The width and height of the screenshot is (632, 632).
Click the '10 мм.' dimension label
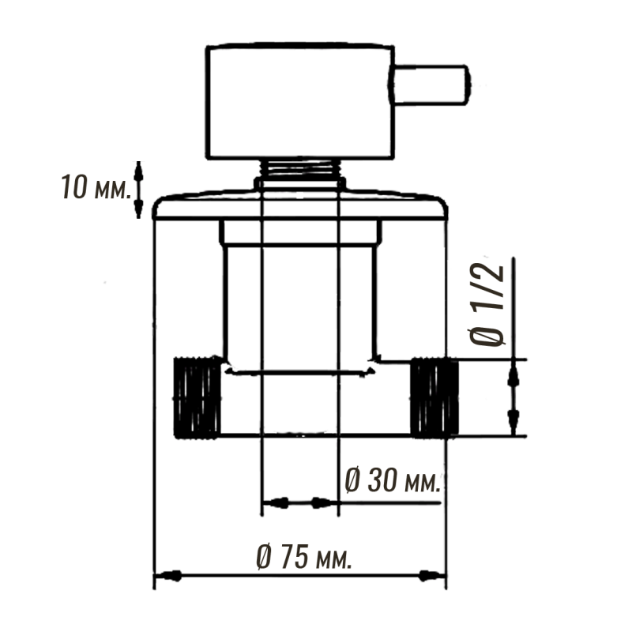(x=96, y=187)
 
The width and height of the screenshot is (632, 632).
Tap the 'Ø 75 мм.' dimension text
(x=304, y=557)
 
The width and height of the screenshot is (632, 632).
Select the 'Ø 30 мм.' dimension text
(x=393, y=480)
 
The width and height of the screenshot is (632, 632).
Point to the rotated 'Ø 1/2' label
(x=487, y=304)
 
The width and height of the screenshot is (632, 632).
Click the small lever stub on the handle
(x=430, y=85)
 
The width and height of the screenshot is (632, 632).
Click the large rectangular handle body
(x=300, y=101)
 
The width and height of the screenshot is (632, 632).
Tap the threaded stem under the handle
(x=300, y=168)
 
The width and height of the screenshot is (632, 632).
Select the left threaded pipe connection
(x=197, y=397)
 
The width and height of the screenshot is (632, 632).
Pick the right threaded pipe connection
(x=434, y=398)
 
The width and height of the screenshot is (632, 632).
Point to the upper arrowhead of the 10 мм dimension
(x=138, y=172)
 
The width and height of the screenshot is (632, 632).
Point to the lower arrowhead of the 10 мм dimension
(x=138, y=207)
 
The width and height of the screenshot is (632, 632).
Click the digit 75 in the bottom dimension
(x=295, y=557)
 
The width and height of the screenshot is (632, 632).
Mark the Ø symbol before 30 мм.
(x=352, y=480)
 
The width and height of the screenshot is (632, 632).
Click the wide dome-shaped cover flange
(x=300, y=205)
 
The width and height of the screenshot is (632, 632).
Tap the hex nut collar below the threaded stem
(x=300, y=183)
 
